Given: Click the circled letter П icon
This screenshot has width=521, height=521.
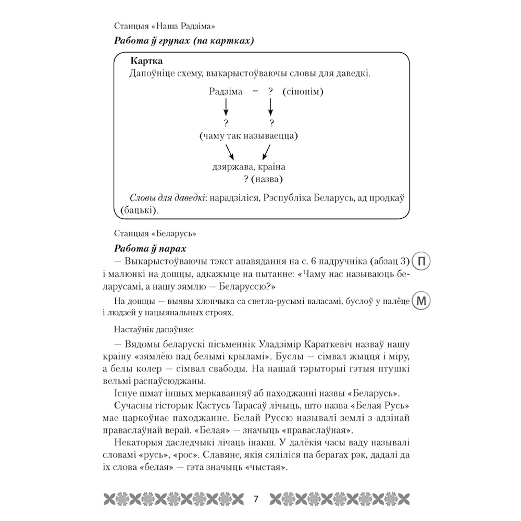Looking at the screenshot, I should (423, 262).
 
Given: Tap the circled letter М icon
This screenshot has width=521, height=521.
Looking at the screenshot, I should (423, 301).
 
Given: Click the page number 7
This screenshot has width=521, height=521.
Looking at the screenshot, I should (256, 499).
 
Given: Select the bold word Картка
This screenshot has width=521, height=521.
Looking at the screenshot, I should (147, 60).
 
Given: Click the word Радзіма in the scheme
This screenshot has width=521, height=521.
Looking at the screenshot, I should (226, 92).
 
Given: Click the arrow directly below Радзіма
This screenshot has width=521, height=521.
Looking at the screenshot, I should (226, 107).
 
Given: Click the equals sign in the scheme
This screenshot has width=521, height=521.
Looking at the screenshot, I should (255, 92).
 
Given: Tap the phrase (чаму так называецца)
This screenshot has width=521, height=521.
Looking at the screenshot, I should (248, 137).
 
